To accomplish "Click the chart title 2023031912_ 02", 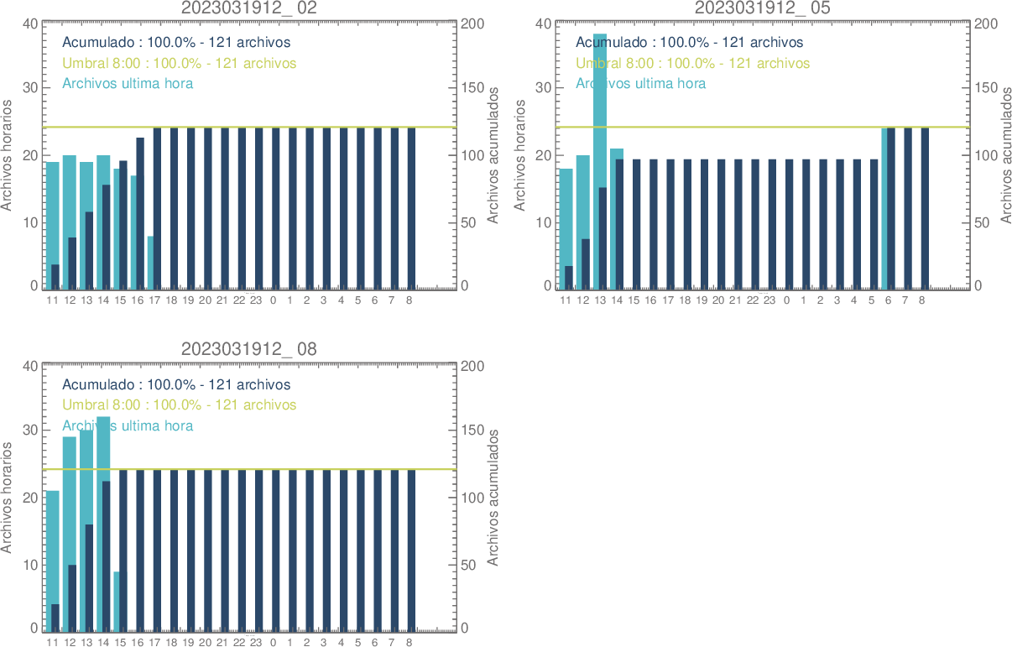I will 249,8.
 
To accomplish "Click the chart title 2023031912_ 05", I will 763,8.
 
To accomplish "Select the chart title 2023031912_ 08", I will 249,350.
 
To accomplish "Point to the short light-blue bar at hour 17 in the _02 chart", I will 150,263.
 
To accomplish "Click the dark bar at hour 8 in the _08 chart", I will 411,549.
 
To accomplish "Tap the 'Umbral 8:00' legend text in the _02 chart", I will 179,63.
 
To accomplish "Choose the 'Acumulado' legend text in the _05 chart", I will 689,42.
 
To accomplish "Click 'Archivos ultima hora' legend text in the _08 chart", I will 128,425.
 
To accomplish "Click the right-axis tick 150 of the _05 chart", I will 984,88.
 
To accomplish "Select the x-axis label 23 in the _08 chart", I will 256,643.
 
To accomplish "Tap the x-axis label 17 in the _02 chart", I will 154,300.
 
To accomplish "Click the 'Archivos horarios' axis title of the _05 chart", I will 519,154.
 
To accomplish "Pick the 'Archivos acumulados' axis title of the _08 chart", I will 493,497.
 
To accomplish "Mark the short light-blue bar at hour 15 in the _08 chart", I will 117,601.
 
